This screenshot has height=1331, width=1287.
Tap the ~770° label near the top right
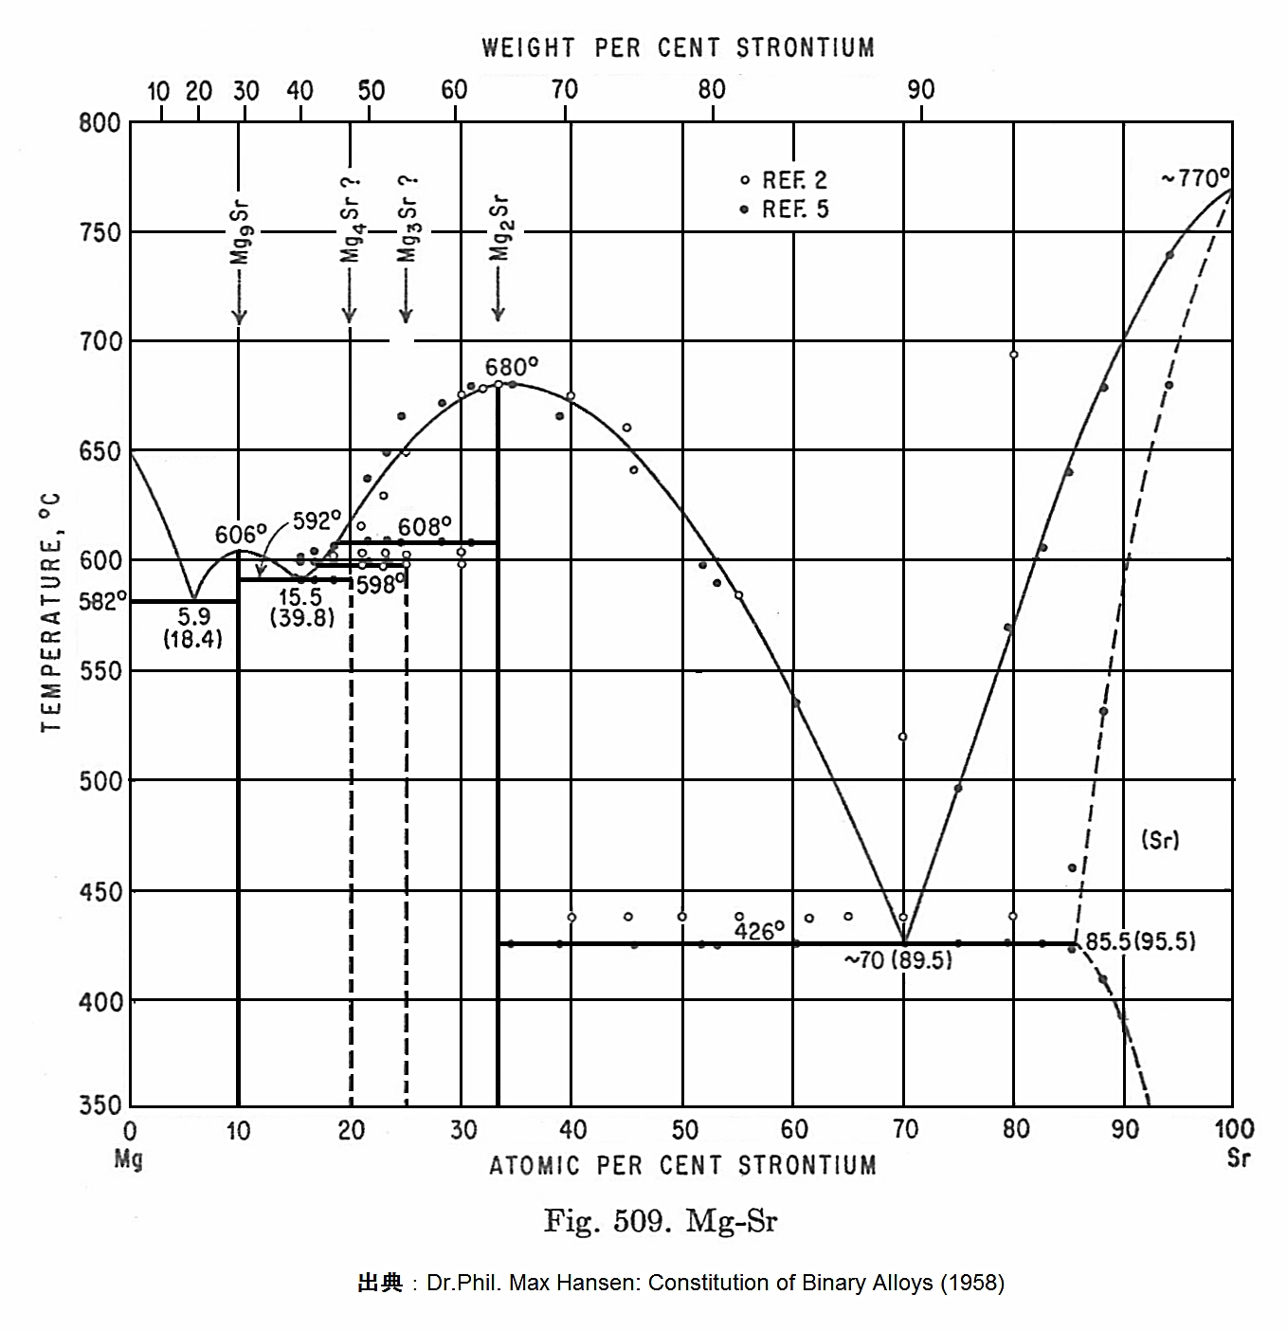click(x=1194, y=178)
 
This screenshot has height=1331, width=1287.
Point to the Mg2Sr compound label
click(x=499, y=228)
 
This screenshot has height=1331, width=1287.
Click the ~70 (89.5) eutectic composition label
click(x=898, y=961)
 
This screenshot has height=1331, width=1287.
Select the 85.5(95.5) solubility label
click(x=1140, y=941)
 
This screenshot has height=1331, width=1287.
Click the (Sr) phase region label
click(x=1160, y=840)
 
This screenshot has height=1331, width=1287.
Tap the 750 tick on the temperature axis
click(x=100, y=232)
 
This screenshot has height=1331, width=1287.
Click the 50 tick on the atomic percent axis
click(x=684, y=1130)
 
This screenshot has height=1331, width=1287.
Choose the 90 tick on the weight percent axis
click(x=920, y=90)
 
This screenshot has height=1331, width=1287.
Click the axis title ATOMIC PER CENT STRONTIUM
click(x=682, y=1165)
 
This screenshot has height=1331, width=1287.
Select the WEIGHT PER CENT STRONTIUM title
click(x=678, y=47)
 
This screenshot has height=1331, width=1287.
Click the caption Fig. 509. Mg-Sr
click(x=660, y=1221)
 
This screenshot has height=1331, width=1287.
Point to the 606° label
click(x=241, y=535)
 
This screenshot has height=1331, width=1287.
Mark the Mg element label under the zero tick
click(x=128, y=1158)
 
